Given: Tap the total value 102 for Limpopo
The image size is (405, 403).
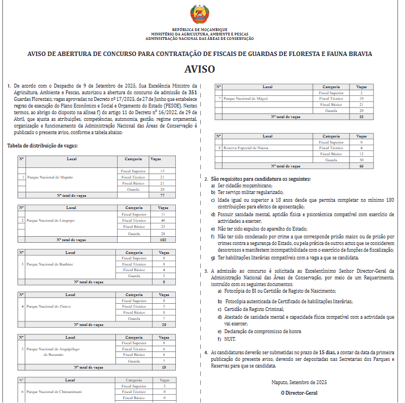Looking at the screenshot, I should point(163,240).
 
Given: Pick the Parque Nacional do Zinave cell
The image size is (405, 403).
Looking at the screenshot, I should point(48,307).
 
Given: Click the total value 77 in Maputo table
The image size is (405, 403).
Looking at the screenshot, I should point(163,196).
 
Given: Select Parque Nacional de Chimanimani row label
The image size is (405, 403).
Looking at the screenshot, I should point(53,392).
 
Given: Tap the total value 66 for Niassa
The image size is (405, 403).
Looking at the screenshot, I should point(361,166).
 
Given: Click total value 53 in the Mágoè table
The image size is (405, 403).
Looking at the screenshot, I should point(361,117).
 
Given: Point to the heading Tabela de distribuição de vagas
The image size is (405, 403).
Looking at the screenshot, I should point(43,146).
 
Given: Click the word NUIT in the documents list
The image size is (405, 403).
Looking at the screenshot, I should point(229,338).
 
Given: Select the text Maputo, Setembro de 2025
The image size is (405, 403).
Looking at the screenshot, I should point(299,382).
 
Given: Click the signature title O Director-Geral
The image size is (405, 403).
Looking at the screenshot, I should point(299,393).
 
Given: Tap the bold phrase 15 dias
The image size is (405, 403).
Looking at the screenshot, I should point(327,352).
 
